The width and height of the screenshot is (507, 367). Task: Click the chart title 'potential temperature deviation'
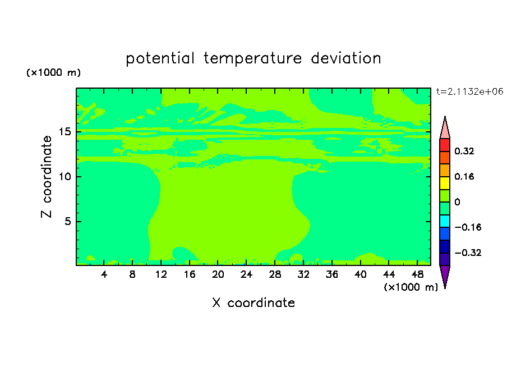253,58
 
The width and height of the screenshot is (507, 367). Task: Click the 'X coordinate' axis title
253,302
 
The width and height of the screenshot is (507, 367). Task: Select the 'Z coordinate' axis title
47,176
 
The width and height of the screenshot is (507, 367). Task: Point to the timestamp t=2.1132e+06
469,91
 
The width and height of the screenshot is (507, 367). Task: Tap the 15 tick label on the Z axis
64,132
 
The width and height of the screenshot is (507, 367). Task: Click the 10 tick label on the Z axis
64,176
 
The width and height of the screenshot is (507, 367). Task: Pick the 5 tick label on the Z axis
67,221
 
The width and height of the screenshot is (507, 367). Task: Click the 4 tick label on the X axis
104,274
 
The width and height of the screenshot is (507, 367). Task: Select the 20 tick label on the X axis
218,274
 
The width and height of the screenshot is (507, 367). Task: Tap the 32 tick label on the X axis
303,274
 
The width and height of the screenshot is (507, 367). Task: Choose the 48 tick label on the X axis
417,274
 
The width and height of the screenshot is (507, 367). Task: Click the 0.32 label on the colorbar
464,151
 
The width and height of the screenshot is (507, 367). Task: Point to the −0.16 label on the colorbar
468,227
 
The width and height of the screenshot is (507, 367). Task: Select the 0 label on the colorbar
457,202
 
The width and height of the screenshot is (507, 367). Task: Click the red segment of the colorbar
445,145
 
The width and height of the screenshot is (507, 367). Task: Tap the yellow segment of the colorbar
445,183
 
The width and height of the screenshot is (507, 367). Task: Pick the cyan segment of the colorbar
445,221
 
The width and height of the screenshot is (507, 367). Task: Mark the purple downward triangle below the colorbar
445,275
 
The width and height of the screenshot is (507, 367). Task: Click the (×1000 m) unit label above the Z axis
53,72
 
